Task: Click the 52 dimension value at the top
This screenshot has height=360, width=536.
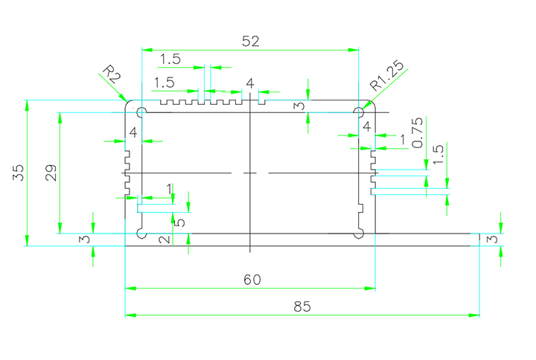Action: click(x=250, y=42)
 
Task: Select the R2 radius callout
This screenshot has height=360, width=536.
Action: click(x=111, y=75)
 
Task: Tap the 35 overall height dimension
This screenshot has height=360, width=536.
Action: click(x=18, y=173)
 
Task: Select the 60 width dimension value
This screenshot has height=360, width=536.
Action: click(x=252, y=279)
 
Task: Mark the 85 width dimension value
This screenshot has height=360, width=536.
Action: click(x=301, y=306)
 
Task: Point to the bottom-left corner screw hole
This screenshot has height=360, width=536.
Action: click(x=141, y=233)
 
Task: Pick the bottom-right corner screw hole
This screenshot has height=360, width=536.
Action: click(x=359, y=233)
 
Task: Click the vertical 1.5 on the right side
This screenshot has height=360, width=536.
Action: click(x=438, y=155)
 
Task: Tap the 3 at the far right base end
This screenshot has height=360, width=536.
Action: click(x=491, y=240)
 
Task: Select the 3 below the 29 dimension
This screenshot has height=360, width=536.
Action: click(x=85, y=240)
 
